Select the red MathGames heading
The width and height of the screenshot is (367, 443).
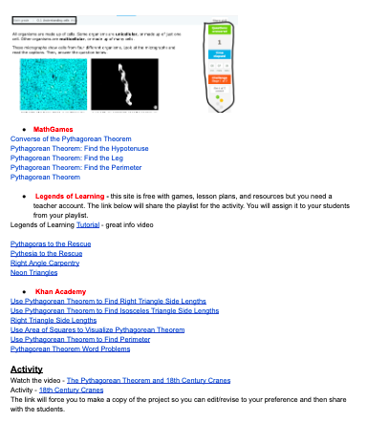point(53,128)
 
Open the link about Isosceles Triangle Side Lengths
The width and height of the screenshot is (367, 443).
point(114,310)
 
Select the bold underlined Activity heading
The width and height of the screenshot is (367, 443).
point(27,368)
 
